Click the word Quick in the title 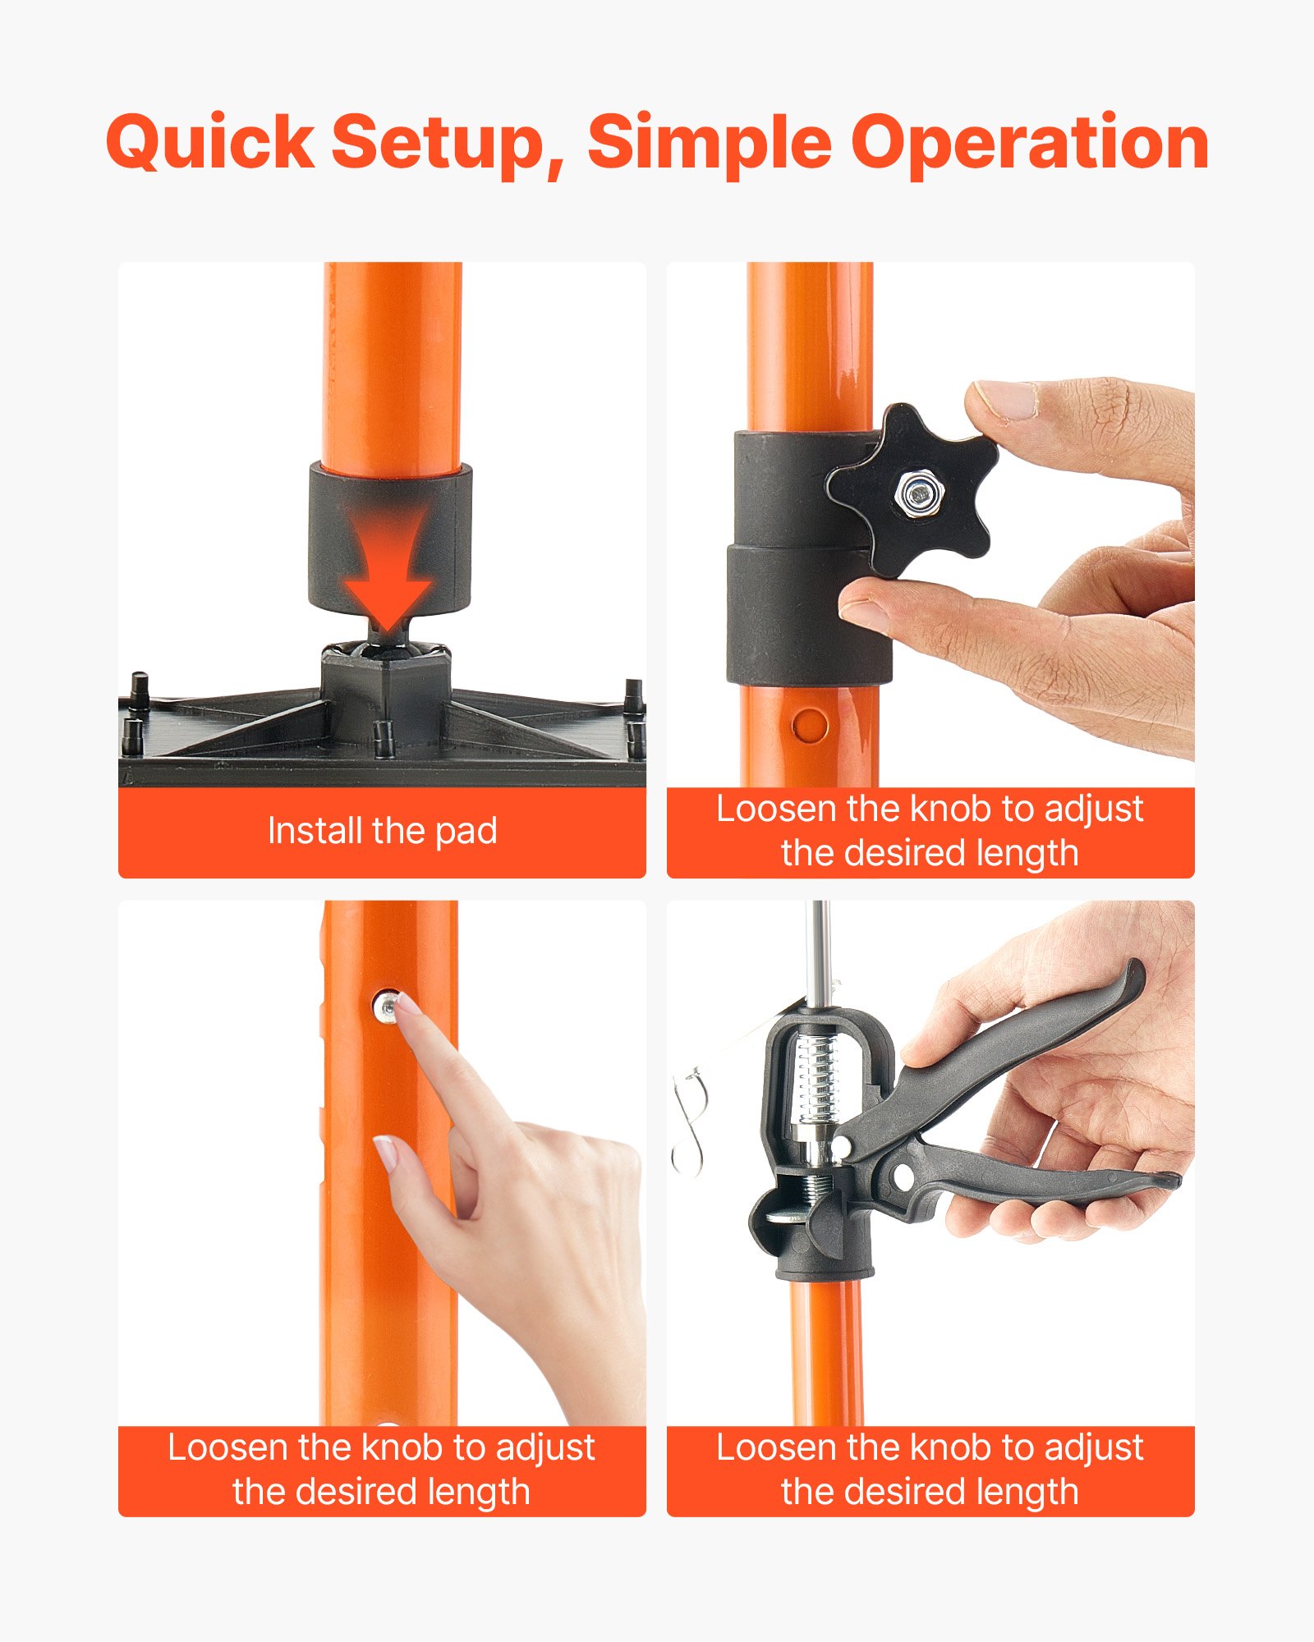tap(210, 144)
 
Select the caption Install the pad tap(382, 831)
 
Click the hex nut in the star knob tap(921, 494)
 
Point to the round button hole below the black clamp tap(811, 726)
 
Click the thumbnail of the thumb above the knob tap(1006, 399)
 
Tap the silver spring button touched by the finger tap(385, 1006)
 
